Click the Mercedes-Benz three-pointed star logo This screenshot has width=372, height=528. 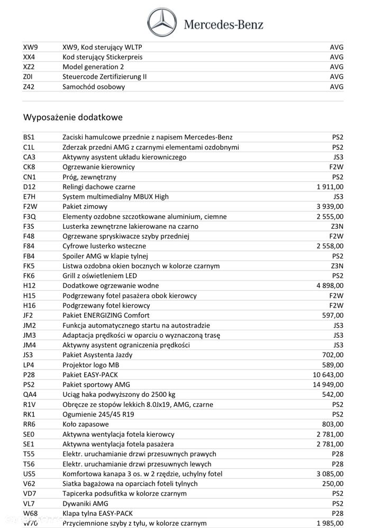(162, 22)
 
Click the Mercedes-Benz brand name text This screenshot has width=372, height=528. (223, 24)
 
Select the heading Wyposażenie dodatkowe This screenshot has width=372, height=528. (73, 117)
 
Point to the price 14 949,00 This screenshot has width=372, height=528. (328, 384)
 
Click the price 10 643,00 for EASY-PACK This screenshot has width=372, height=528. (328, 375)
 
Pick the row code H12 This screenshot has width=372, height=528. (29, 285)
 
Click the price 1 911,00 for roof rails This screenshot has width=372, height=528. (330, 187)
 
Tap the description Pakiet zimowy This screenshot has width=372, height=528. (85, 207)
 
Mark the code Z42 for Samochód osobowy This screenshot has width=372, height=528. (29, 87)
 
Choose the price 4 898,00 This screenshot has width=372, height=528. (330, 285)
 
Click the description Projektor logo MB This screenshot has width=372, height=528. (92, 365)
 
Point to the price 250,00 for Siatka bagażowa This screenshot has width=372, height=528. (333, 483)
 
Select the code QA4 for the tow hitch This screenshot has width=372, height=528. (30, 394)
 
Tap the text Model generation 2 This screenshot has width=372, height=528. (93, 67)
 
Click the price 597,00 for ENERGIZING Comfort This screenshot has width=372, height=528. (333, 316)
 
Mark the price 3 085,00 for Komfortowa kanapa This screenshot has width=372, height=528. (330, 474)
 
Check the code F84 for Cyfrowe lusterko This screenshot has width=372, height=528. (29, 246)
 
